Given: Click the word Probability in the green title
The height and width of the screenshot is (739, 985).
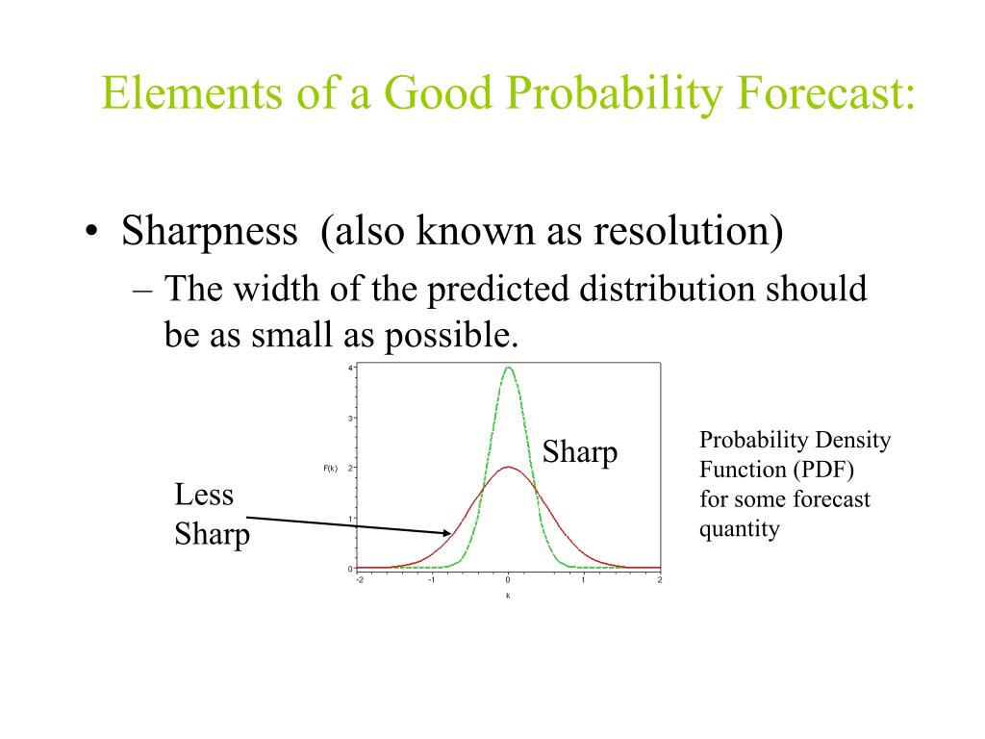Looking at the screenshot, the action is point(615,93).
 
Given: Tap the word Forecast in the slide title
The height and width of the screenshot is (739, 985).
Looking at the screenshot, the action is point(825,92).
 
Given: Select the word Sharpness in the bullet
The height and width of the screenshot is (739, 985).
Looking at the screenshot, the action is point(209,232).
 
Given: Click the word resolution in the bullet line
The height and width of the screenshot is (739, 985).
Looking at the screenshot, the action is point(689,231).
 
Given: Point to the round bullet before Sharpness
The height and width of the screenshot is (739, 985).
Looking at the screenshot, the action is point(91,231).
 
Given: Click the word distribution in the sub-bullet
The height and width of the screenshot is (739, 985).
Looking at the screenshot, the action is point(666,289).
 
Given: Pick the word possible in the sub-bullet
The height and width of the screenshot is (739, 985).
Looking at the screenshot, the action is point(451,336).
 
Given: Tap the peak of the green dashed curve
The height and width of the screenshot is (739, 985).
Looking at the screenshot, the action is point(508,368).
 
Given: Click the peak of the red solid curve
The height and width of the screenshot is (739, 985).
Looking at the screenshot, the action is point(508,468).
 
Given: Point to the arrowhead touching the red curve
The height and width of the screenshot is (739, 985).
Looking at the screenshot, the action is point(448,533).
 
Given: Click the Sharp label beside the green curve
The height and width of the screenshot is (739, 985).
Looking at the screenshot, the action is point(580,452).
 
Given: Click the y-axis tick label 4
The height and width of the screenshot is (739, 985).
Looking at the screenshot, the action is point(350,369).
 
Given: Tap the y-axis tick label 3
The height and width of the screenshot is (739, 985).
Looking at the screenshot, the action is point(350,418).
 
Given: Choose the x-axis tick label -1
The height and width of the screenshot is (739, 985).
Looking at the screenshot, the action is point(432,579).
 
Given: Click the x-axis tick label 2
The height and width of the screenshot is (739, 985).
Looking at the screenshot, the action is point(660,579).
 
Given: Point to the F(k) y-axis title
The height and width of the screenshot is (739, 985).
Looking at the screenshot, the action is point(331,469).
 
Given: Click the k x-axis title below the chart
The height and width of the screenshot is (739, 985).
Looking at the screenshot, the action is point(508,596).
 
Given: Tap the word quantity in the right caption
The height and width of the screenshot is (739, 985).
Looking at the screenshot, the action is point(740,530).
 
